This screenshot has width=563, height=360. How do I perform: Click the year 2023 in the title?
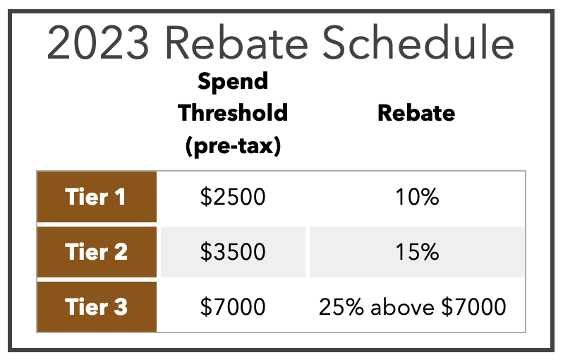pos(97,43)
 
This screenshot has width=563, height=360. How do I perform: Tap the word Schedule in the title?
pos(418,42)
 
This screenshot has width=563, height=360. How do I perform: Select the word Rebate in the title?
pos(236,42)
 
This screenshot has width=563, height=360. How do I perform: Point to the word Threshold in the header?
pos(233,113)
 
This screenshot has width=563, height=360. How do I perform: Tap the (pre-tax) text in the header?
pos(233,146)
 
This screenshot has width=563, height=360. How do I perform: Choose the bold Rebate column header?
pos(416,113)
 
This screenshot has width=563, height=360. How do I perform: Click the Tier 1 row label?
pos(95,197)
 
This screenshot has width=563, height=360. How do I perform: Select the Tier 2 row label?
pos(96,251)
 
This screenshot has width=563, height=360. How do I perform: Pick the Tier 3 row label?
pos(96,307)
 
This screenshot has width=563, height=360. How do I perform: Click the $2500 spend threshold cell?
pos(233,197)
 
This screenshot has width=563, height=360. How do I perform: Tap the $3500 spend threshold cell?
pos(233,251)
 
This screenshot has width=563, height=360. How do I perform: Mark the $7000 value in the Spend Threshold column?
pos(233,307)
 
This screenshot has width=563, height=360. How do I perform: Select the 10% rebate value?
pos(417,197)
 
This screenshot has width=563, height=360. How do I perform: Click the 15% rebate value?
pos(417,251)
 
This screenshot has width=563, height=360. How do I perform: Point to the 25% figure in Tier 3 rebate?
pos(341,307)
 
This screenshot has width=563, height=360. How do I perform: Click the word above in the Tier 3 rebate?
pos(402,307)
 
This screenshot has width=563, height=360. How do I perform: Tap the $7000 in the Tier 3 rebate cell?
pos(473,307)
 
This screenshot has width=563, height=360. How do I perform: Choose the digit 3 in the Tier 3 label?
pos(121,307)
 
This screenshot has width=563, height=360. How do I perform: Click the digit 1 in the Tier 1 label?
pos(120,197)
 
